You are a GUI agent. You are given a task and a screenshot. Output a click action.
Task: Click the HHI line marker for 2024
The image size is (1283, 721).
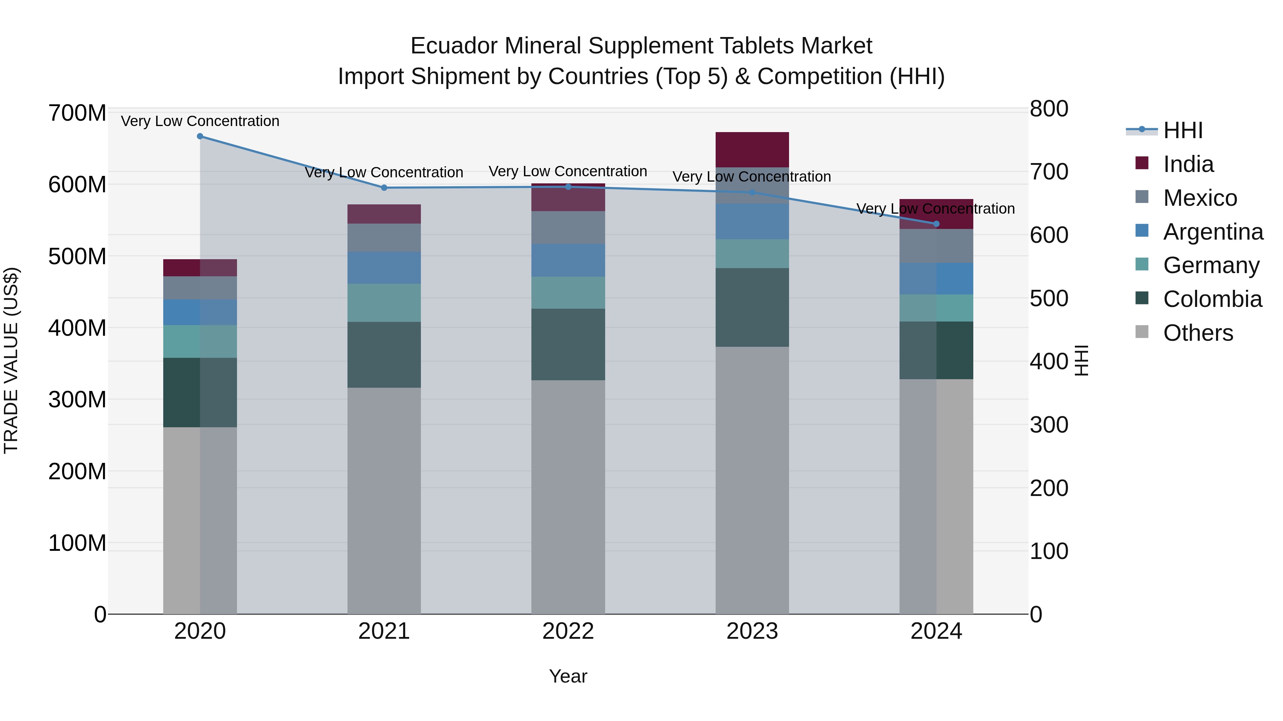tap(936, 224)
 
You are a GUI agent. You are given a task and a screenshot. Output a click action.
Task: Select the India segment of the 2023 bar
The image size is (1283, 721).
tap(752, 150)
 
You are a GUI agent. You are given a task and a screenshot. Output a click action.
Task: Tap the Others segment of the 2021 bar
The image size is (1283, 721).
tap(384, 500)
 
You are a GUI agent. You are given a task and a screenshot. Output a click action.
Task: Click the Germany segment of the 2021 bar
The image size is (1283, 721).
tap(384, 303)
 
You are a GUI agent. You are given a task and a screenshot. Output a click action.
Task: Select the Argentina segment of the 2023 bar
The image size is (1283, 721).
tap(752, 221)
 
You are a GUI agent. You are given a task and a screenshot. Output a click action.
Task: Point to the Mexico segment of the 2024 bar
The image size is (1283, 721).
tap(936, 246)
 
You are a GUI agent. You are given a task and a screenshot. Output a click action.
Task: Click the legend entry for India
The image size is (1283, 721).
tap(1188, 164)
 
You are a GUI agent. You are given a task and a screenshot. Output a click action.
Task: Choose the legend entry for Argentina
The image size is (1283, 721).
tap(1213, 232)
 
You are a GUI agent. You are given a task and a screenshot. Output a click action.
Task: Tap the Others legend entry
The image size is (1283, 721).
tap(1198, 333)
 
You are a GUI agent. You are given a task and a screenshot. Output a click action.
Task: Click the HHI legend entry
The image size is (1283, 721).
tap(1182, 130)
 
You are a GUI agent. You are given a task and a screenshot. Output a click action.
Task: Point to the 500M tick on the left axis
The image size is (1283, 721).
tap(77, 257)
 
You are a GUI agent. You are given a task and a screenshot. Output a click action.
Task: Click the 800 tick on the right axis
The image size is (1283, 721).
tap(1049, 109)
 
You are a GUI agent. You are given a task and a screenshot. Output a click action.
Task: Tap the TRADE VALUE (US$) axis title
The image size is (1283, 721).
tap(11, 360)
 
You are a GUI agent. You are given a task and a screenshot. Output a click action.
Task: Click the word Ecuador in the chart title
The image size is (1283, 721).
tap(453, 46)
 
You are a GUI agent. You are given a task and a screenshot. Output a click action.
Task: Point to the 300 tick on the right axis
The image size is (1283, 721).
tap(1049, 425)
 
